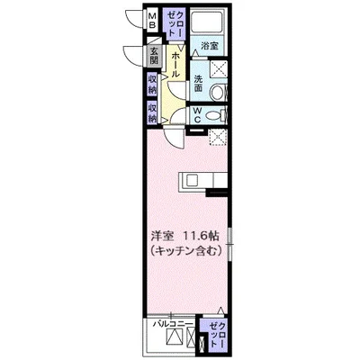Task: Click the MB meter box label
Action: tap(153, 20)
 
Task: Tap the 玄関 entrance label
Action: tap(154, 56)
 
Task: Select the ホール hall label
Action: tap(175, 65)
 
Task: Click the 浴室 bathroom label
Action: tap(210, 46)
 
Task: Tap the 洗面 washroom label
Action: tap(198, 84)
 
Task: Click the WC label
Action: tap(197, 115)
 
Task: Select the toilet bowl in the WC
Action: tap(215, 115)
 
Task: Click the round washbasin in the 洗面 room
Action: tap(217, 93)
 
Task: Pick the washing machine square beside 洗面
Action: tap(218, 70)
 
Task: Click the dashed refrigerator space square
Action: tap(218, 137)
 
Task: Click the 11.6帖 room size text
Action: tap(202, 237)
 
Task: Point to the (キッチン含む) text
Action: tap(186, 249)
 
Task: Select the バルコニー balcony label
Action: tap(173, 324)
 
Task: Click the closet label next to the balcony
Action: tap(218, 335)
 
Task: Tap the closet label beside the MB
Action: tap(175, 22)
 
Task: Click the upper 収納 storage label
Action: tap(152, 85)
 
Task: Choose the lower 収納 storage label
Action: tap(152, 112)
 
